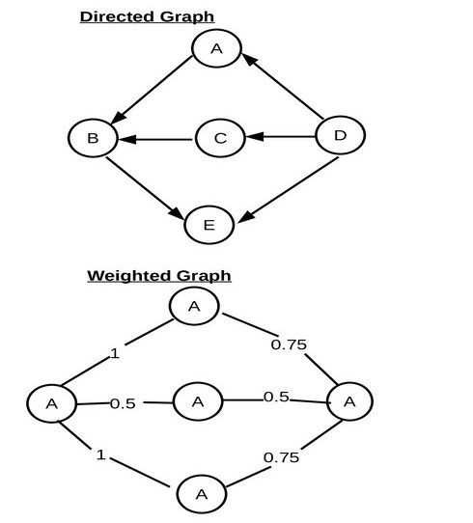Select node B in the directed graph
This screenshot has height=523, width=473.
[93, 138]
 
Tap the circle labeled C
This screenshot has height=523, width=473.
[220, 139]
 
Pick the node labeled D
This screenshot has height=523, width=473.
[340, 136]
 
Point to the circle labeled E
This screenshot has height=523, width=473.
[209, 225]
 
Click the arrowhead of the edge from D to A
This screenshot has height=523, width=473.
[248, 60]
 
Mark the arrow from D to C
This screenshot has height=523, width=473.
[280, 137]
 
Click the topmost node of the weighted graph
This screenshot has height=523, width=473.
[194, 307]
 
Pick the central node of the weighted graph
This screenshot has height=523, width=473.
[197, 401]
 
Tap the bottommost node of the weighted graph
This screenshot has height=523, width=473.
[201, 495]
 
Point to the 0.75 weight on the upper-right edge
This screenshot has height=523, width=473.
[289, 344]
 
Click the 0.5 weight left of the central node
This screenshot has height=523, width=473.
[123, 403]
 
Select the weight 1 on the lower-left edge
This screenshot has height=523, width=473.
[100, 454]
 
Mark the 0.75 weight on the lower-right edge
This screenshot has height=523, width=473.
[281, 457]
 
